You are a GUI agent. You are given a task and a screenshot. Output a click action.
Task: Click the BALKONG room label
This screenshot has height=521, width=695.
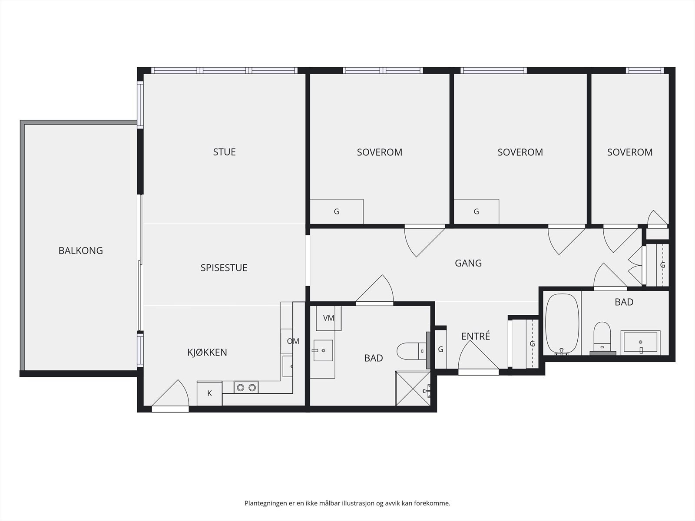point(81,251)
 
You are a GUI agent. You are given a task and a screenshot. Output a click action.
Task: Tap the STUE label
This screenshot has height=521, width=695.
point(224,152)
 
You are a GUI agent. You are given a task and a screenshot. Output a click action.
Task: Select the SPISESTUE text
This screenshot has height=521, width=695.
point(224,268)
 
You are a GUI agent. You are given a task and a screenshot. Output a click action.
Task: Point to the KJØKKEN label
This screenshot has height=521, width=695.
point(207,352)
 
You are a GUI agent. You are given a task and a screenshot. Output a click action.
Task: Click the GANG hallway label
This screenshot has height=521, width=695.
point(468,263)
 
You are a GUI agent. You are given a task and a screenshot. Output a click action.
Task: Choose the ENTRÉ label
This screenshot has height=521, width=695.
point(476,336)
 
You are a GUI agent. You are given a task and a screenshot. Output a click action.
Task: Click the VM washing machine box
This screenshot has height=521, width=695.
point(329,318)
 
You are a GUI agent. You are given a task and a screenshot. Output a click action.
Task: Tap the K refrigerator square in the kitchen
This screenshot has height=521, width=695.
point(209,393)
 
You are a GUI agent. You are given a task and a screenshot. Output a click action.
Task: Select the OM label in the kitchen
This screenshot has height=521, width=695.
point(293,341)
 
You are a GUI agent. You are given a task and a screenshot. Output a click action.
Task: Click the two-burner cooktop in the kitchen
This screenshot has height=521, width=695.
point(246,388)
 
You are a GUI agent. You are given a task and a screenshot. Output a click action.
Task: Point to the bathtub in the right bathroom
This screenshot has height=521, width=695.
point(563,324)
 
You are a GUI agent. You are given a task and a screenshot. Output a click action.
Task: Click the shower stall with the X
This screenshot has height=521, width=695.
point(413,389)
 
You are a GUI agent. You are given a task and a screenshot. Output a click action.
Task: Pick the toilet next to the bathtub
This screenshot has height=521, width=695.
point(602,338)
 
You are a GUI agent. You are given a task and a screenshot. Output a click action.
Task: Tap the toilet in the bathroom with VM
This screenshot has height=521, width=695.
point(412,351)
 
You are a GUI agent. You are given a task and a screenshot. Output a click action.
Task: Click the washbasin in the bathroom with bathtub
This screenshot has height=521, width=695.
point(640,342)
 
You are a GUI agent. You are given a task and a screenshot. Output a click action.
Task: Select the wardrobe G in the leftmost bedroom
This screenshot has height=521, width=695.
point(336,211)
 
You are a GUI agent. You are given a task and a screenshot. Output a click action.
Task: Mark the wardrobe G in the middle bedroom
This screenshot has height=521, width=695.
point(476,211)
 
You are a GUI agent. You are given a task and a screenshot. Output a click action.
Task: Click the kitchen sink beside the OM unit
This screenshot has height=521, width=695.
point(288,366)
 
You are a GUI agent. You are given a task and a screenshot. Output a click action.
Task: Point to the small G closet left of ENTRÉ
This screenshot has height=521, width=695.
point(440,349)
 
